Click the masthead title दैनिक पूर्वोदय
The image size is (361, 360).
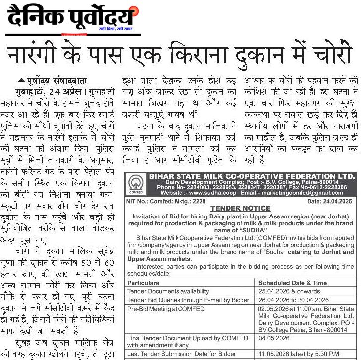pyautogui.click(x=70, y=18)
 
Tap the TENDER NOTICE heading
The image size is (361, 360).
pyautogui.click(x=240, y=208)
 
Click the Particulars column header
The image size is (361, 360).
pyautogui.click(x=143, y=283)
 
